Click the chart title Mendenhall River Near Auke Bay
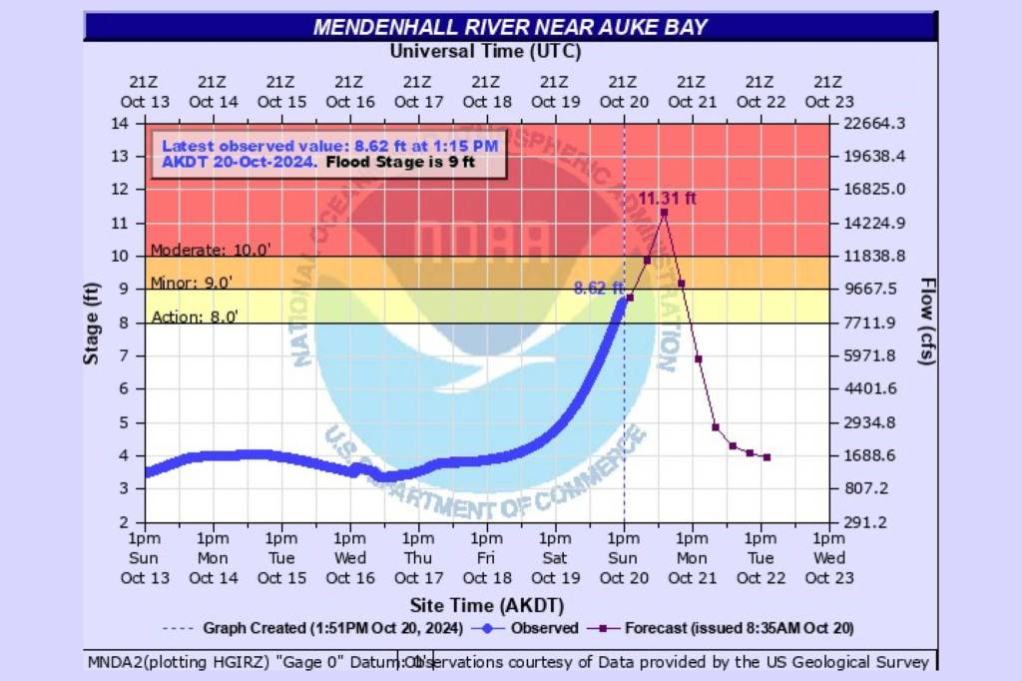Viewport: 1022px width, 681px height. coord(510,27)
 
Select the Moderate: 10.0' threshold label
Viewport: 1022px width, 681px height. coord(196,250)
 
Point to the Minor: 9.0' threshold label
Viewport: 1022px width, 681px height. coord(191,284)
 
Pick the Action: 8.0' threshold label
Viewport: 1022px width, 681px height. coord(195,318)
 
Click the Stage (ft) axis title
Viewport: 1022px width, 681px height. coord(92,324)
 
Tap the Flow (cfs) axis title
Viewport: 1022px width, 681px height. coord(927,322)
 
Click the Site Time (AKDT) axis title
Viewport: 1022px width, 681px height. coord(486,605)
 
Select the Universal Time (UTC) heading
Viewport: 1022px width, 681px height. coord(485,51)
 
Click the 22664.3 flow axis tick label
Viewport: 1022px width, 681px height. coord(874,124)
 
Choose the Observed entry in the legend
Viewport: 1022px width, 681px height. coord(529,629)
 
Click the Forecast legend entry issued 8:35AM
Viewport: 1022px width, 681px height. coord(724,629)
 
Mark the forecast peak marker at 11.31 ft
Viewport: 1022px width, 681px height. coord(664,213)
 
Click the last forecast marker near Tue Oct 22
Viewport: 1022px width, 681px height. coord(766,457)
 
